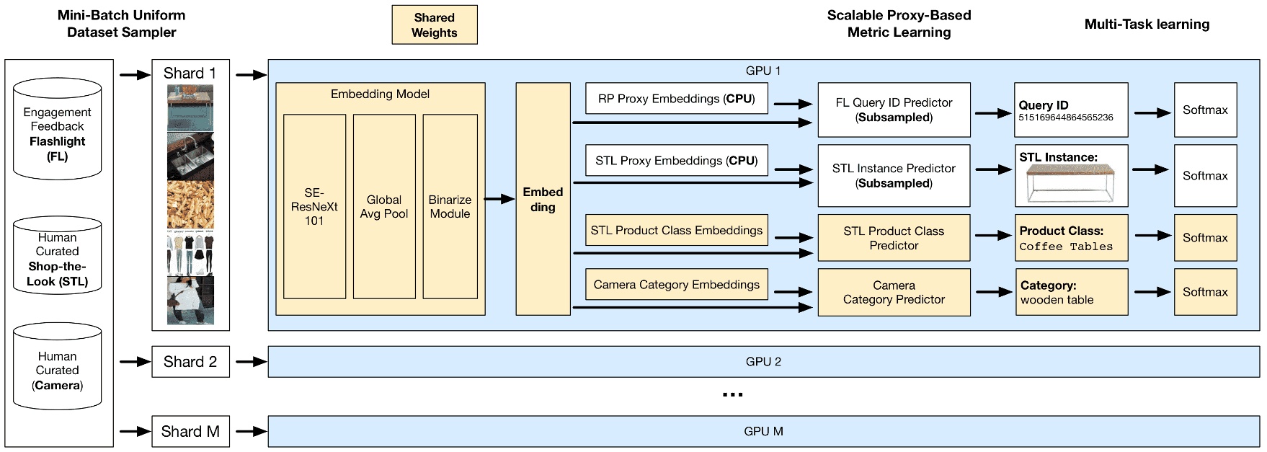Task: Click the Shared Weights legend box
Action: point(434,25)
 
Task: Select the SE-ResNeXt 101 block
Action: point(314,206)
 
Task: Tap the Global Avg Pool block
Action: point(383,206)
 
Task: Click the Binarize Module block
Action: point(450,206)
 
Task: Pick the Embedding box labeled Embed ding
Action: point(542,199)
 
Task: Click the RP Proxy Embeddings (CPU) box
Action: point(676,99)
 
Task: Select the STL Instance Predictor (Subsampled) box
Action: point(894,176)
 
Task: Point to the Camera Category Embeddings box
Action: point(676,285)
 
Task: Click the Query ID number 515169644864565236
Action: point(1065,118)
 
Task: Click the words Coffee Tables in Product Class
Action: point(1066,247)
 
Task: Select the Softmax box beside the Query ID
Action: point(1204,110)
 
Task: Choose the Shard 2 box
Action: point(190,362)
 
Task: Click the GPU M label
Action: point(763,431)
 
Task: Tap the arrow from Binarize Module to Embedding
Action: point(498,199)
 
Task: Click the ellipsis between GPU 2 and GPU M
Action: point(732,394)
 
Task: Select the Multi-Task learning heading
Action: point(1146,25)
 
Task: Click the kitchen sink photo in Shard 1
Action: point(190,155)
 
